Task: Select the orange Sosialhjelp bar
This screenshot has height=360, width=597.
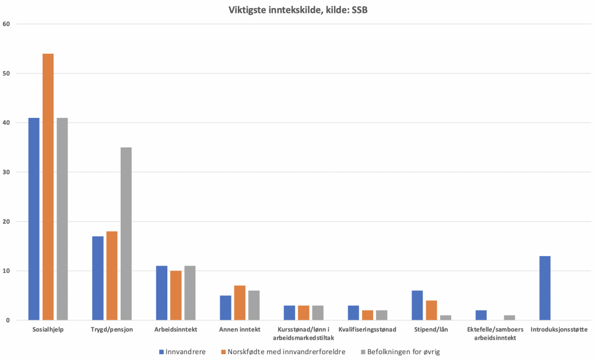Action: (48, 187)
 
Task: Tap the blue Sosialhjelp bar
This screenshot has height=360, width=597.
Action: (34, 219)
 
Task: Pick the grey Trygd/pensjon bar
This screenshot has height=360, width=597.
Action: (126, 233)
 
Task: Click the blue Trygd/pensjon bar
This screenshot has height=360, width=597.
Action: (98, 278)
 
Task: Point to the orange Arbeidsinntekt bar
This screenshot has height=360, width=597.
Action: (176, 295)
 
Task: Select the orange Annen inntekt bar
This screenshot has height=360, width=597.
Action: (240, 303)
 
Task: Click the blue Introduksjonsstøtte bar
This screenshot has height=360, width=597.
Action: (545, 288)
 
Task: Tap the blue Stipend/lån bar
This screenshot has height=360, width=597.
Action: (417, 305)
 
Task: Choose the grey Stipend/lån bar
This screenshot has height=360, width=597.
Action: (445, 317)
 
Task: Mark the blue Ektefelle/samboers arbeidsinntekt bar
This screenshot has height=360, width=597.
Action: (481, 315)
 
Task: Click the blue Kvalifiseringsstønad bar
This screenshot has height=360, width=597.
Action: (353, 313)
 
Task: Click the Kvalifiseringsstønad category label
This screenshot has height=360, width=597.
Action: (367, 330)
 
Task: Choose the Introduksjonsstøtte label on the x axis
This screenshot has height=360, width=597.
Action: (559, 330)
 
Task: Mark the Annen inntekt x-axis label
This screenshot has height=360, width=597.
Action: (240, 330)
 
